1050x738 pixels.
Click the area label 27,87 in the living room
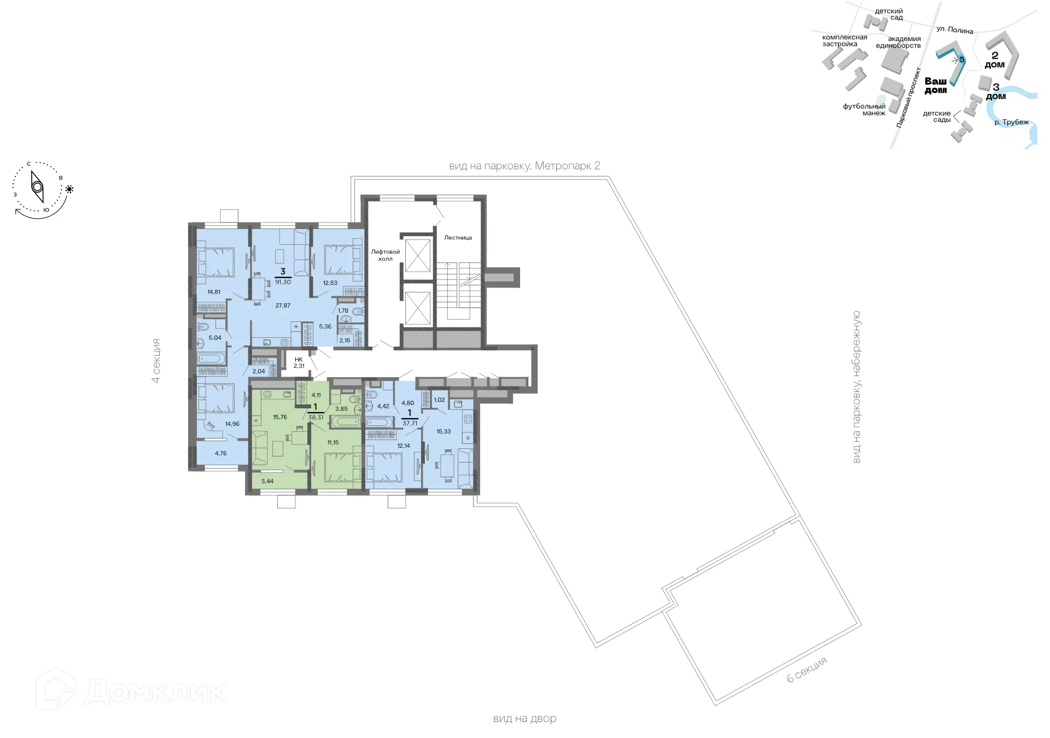click(283, 306)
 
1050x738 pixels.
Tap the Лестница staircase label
click(458, 238)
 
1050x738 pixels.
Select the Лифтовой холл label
click(385, 255)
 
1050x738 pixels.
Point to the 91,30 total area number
click(283, 282)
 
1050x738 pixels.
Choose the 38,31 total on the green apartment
click(316, 417)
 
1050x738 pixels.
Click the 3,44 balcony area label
click(267, 482)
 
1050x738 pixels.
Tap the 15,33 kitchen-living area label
click(444, 432)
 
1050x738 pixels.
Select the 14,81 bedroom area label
click(214, 292)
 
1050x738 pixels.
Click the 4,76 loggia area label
click(220, 454)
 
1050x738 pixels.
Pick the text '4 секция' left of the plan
click(156, 361)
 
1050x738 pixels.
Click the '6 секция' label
click(807, 670)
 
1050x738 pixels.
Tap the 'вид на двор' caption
click(524, 719)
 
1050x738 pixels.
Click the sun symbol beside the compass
click(69, 189)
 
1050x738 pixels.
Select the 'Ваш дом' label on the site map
click(935, 86)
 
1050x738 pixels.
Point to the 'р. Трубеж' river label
click(1011, 122)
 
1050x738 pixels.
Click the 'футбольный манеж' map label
click(865, 110)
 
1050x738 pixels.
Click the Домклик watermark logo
click(131, 691)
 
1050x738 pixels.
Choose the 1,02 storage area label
click(439, 400)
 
